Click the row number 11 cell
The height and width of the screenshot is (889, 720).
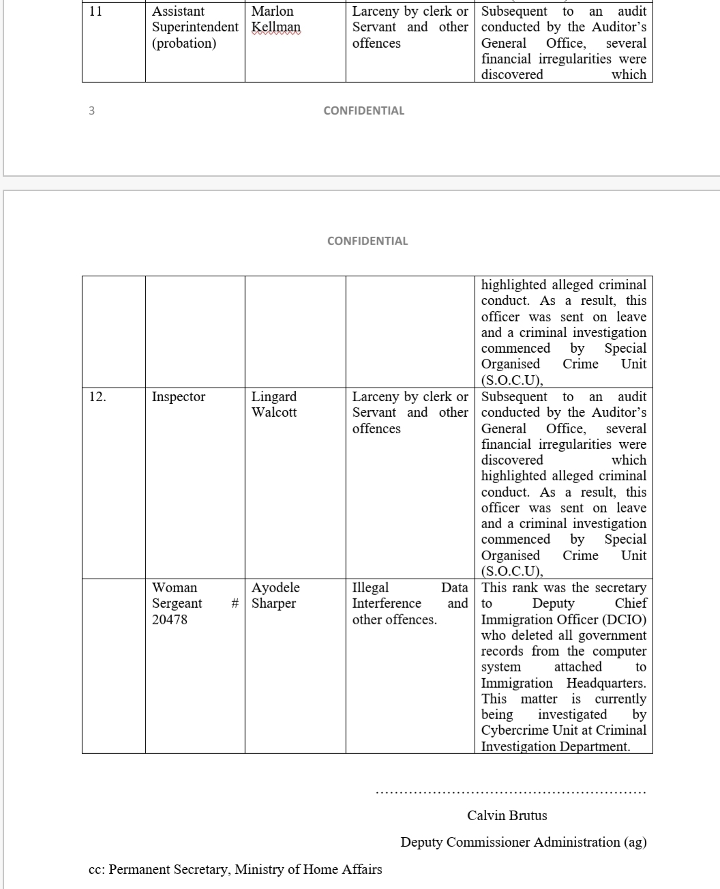95,12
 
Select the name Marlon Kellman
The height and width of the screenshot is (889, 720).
275,20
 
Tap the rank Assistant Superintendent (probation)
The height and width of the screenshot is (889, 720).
195,27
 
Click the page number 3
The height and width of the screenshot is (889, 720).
92,111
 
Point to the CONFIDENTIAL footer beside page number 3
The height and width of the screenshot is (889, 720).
363,111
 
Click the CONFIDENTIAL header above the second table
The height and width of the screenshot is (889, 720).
367,241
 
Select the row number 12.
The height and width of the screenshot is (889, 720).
97,396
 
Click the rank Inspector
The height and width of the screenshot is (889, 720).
179,396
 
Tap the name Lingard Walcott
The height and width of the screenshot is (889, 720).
274,405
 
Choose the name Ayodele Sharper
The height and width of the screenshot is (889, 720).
275,596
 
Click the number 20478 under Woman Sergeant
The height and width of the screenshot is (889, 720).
170,620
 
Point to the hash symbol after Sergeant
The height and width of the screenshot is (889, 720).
235,604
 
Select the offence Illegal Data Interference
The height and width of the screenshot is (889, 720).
409,596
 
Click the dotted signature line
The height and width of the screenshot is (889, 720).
511,793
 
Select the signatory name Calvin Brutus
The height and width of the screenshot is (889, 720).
507,815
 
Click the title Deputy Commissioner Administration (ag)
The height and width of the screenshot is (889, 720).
524,842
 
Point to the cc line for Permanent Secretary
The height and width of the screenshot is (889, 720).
235,869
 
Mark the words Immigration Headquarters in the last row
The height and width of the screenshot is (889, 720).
563,683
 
